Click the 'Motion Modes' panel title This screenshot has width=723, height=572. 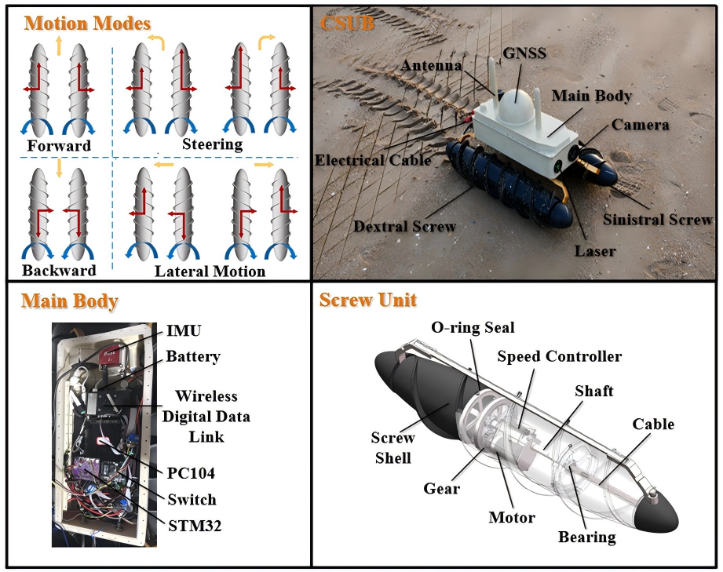(87, 22)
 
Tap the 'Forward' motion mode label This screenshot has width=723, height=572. (59, 146)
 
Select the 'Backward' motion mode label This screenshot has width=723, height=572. (59, 271)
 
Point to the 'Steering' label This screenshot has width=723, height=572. (212, 144)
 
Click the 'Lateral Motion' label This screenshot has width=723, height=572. (210, 271)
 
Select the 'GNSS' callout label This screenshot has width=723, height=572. (524, 53)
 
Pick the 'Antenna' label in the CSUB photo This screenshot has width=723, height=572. (431, 66)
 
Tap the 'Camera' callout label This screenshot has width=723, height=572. (641, 125)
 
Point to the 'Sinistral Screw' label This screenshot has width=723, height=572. (658, 220)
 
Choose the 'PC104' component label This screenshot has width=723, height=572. (191, 473)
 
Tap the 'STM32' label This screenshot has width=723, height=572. (194, 525)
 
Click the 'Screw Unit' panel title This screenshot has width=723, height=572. (368, 300)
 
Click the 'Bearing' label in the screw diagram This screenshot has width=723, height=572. (586, 537)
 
